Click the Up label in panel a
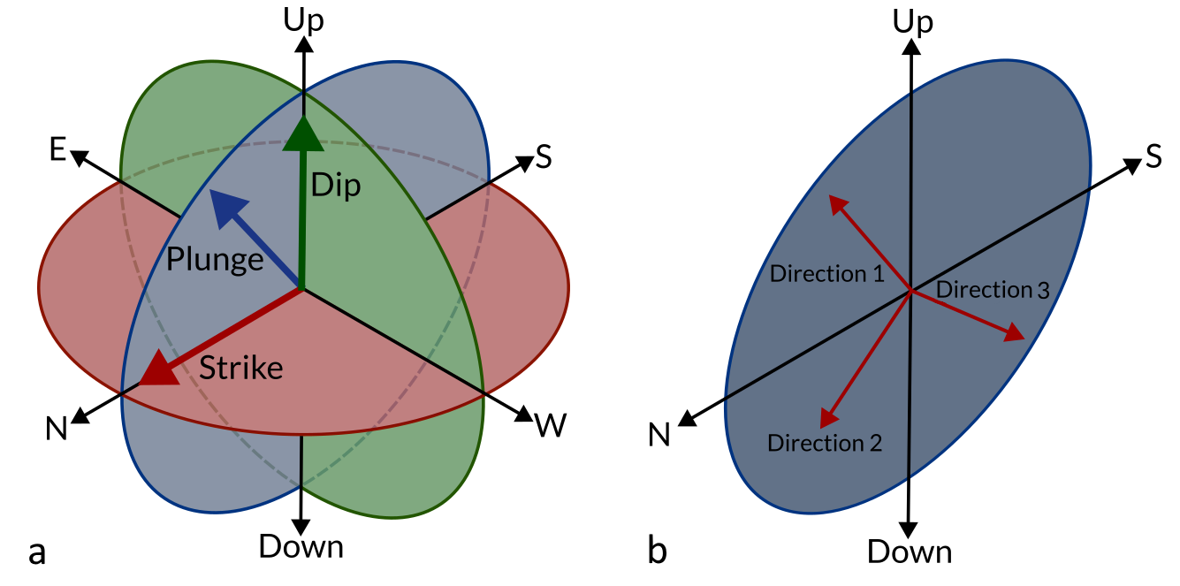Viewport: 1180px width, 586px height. [x=303, y=19]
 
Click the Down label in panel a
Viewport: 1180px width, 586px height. [x=301, y=547]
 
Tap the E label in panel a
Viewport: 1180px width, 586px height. [x=57, y=150]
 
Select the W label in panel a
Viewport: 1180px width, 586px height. [x=551, y=427]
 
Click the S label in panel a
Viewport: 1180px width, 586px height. [x=544, y=157]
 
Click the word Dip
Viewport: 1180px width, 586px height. [x=336, y=187]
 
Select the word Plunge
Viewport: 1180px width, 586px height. [x=215, y=260]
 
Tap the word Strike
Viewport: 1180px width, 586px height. [x=240, y=368]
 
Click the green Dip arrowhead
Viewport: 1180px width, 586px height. [x=302, y=133]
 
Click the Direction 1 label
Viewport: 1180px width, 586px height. [x=826, y=274]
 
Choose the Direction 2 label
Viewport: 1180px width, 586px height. [x=825, y=443]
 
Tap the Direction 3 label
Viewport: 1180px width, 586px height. [x=992, y=289]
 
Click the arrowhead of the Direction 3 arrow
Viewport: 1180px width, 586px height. [x=1015, y=333]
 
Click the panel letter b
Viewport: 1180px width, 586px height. [x=657, y=551]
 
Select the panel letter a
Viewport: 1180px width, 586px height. [x=37, y=551]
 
